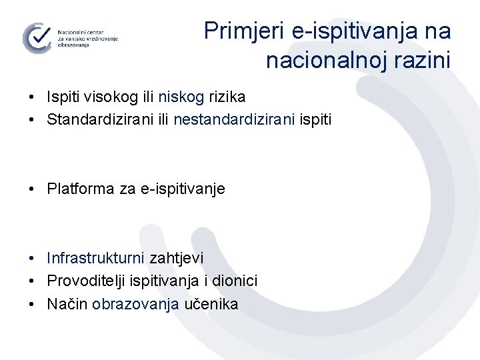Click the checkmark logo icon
point(37,37)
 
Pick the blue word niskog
point(181,97)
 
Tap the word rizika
point(227,97)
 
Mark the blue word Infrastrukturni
point(96,258)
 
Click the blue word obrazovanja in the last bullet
point(135,305)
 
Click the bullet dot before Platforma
point(33,189)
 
